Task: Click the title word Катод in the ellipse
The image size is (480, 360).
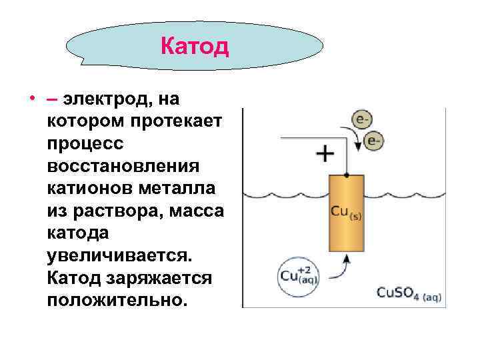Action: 195,47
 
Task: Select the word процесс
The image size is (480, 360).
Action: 85,144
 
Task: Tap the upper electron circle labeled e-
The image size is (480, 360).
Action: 362,121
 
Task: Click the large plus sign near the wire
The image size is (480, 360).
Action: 325,155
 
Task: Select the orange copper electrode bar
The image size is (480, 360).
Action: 347,213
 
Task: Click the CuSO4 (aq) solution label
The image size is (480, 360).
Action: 409,293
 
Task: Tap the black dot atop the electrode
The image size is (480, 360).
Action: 347,175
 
